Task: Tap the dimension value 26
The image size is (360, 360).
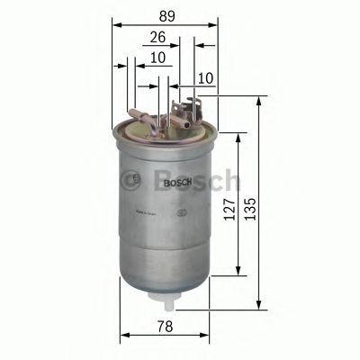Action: [158, 39]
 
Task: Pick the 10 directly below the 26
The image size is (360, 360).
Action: [158, 58]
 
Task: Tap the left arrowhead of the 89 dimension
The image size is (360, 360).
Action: [116, 25]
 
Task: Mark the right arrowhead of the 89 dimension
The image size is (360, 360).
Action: [216, 25]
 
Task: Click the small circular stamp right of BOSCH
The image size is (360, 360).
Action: [184, 213]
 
